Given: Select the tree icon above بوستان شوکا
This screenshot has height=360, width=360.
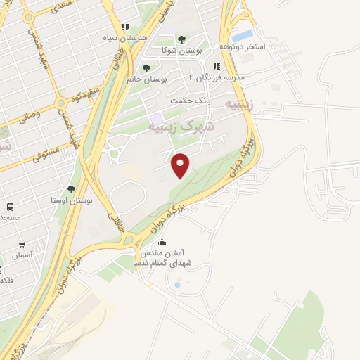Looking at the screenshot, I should (x=182, y=40).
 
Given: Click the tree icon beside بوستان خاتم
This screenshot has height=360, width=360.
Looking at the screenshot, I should (x=146, y=68).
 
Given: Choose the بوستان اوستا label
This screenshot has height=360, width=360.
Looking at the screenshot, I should (x=72, y=200).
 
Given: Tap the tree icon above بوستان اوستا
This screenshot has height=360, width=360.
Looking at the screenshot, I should (x=72, y=188).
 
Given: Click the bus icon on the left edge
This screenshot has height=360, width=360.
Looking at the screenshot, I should (x=10, y=207).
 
